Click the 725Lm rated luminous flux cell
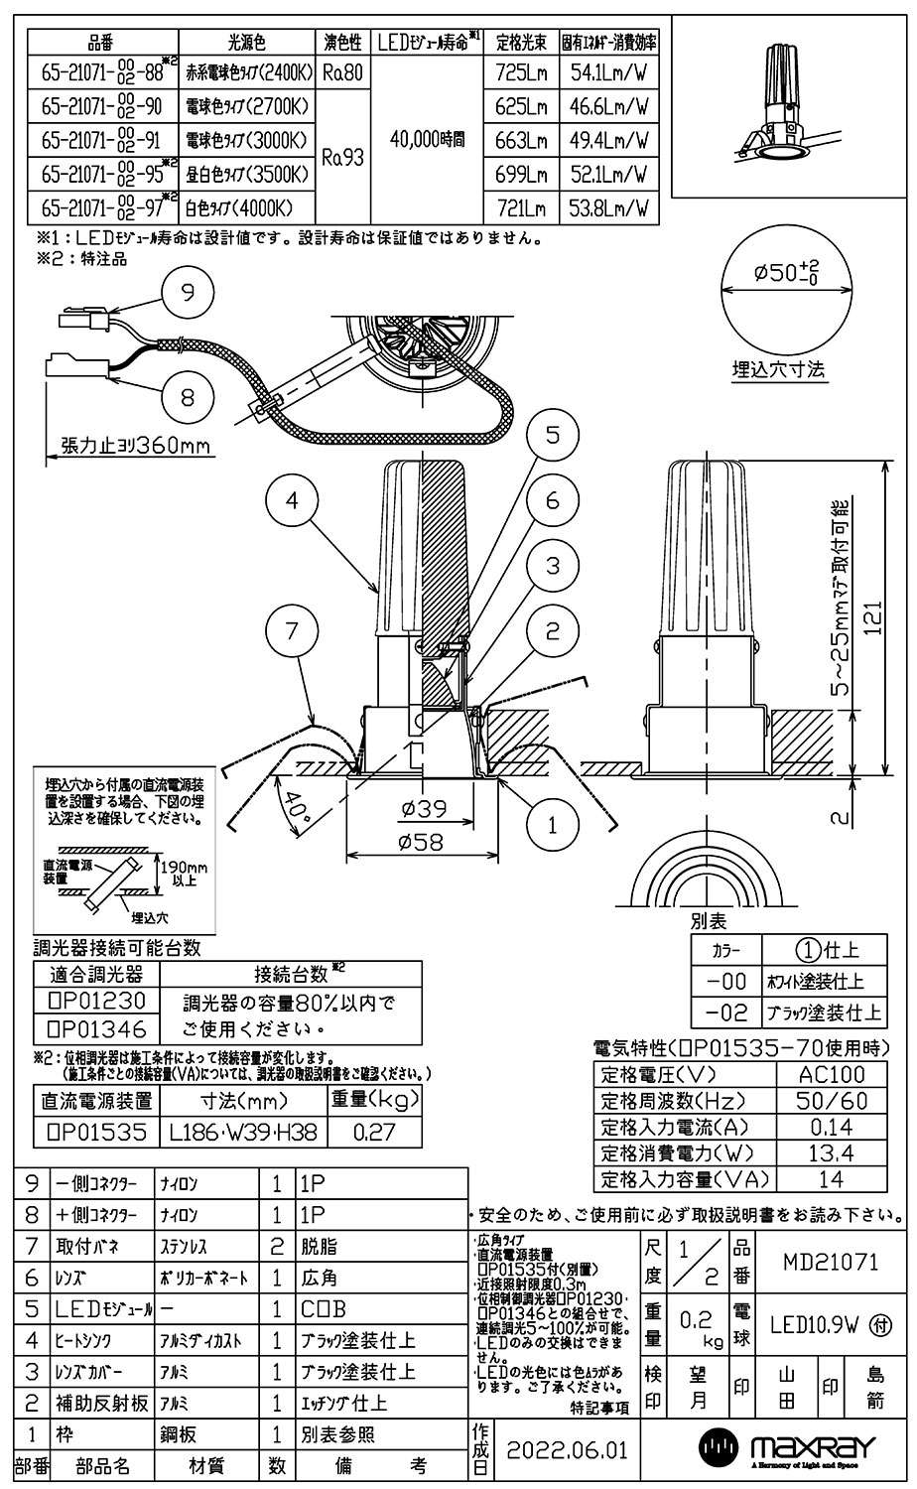tap(522, 72)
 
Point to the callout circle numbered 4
tap(291, 501)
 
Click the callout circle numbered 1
tap(552, 823)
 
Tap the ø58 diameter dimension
tap(423, 843)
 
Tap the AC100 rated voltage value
tap(831, 1075)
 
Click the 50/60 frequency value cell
tap(831, 1101)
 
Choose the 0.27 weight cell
tap(372, 1132)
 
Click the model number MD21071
tap(830, 1263)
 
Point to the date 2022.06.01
tap(567, 1450)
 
